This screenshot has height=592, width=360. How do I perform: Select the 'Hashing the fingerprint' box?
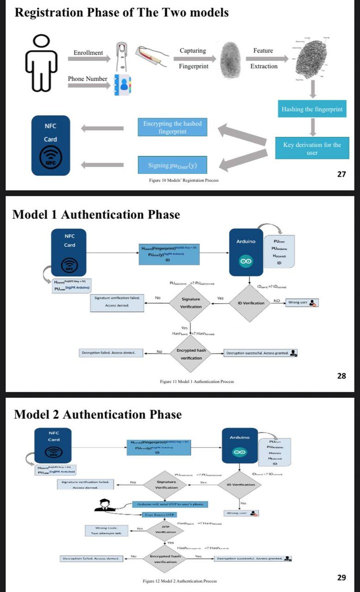tap(312, 109)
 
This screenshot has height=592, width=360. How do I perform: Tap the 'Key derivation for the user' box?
tap(312, 148)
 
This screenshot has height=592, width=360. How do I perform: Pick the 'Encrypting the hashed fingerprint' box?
tap(172, 127)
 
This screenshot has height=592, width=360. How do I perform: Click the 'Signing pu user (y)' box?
tap(172, 165)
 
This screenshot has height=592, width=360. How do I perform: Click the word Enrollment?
tap(88, 53)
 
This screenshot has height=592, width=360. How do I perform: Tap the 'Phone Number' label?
tap(87, 79)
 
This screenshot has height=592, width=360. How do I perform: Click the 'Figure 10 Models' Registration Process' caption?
tap(183, 180)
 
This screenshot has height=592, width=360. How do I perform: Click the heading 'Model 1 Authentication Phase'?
tap(95, 215)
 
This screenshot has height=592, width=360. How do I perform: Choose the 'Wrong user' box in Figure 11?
tap(301, 302)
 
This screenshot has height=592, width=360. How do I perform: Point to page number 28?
tap(341, 376)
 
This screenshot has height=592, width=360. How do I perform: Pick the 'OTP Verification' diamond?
tap(166, 530)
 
